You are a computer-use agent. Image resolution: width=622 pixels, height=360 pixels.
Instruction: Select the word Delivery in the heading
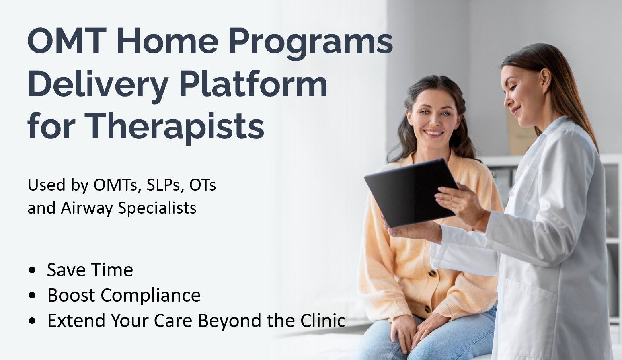98,85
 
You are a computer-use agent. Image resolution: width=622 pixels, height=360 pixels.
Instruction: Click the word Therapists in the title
174,127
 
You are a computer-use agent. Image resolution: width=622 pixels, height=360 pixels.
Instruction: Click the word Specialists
157,208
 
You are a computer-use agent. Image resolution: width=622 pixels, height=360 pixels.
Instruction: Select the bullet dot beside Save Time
32,270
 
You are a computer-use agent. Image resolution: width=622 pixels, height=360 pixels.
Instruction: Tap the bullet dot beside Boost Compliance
32,296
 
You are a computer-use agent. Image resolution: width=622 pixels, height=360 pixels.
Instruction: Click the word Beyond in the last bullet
230,320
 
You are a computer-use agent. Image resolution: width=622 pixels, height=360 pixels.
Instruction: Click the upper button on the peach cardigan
432,274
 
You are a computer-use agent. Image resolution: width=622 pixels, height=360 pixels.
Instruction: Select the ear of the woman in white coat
545,81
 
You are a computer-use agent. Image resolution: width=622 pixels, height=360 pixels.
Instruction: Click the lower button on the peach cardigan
428,309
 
